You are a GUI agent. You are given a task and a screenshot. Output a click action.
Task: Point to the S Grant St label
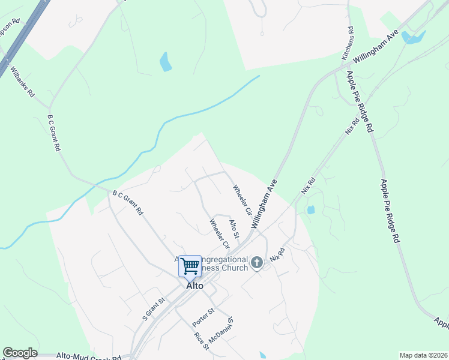[x=152, y=308]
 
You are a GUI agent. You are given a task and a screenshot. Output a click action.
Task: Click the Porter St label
[x=203, y=317]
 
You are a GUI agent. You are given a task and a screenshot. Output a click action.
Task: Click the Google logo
[x=20, y=353]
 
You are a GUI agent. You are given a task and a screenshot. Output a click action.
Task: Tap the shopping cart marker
[x=190, y=265]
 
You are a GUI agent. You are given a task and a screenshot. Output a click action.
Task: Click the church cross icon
[x=257, y=262]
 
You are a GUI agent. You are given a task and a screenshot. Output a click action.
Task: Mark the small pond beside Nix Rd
[x=310, y=210]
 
